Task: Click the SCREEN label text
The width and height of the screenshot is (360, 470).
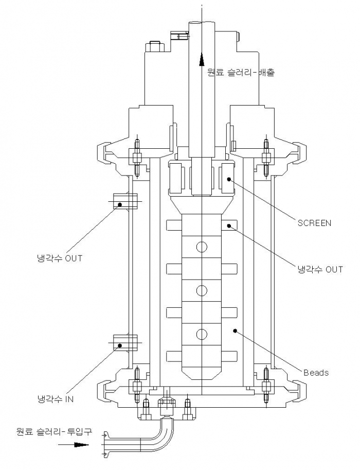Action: (x=314, y=223)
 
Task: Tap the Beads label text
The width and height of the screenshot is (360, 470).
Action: (x=316, y=373)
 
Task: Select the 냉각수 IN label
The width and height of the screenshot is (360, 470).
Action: (x=56, y=399)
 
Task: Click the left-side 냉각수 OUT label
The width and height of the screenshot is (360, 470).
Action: (x=59, y=258)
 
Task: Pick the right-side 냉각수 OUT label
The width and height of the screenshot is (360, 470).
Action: (x=320, y=269)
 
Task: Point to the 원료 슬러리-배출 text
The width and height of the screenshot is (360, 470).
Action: (x=241, y=72)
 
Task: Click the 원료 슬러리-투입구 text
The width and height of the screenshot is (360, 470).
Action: (x=54, y=432)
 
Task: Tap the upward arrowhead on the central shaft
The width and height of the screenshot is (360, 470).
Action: (x=202, y=59)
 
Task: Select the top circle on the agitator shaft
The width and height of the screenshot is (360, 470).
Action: (x=202, y=247)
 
